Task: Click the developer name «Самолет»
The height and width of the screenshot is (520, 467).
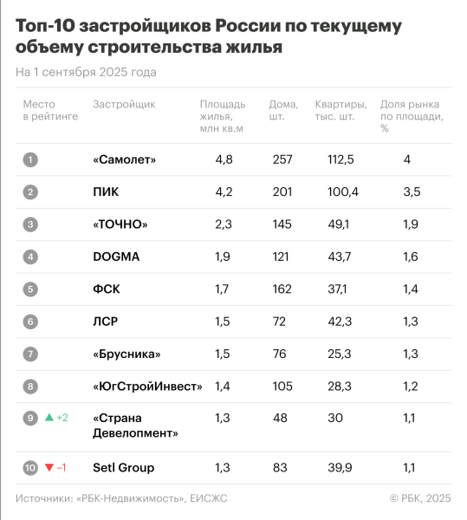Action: (x=124, y=159)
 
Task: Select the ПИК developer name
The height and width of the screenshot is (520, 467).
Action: (x=106, y=192)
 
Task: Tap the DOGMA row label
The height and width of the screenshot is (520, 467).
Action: (x=116, y=257)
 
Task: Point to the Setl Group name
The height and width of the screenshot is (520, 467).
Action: (x=123, y=468)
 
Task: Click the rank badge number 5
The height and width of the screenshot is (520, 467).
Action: (x=30, y=289)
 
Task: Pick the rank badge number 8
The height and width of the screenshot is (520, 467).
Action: (x=30, y=387)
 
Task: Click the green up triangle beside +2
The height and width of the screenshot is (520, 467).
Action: (x=49, y=418)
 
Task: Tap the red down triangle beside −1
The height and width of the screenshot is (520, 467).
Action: (x=49, y=468)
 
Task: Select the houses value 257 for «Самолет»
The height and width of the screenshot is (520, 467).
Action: (x=282, y=159)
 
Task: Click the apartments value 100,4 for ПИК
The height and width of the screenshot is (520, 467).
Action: (x=332, y=192)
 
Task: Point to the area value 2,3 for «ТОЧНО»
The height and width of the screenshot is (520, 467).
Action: (x=224, y=224)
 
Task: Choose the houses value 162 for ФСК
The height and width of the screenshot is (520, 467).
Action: (x=282, y=289)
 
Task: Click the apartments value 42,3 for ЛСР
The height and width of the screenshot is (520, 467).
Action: (x=332, y=322)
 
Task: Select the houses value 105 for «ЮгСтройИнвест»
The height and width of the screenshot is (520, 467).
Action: (x=282, y=387)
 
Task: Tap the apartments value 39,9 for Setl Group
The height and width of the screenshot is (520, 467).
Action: (x=332, y=468)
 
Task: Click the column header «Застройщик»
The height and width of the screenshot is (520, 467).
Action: (x=124, y=104)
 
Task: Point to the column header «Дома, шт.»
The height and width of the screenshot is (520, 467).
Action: (x=282, y=110)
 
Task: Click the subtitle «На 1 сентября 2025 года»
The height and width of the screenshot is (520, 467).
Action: (x=86, y=72)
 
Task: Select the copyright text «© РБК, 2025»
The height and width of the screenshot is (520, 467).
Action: (x=420, y=497)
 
